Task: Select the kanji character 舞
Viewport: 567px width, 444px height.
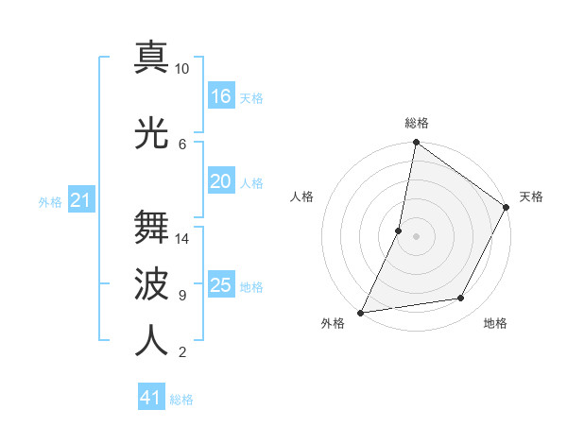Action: [x=151, y=226]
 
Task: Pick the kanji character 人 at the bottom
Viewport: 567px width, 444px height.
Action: [x=151, y=340]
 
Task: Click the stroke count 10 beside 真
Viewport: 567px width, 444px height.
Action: [x=182, y=69]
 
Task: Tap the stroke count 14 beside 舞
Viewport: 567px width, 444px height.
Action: [x=182, y=238]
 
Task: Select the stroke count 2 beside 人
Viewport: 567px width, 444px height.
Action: [x=181, y=352]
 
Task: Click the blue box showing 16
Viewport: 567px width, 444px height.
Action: [x=221, y=95]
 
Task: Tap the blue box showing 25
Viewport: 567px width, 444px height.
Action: [x=221, y=284]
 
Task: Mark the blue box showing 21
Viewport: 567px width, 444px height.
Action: [x=81, y=199]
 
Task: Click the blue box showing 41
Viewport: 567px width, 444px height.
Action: [x=151, y=398]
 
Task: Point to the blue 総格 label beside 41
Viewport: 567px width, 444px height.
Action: [x=181, y=400]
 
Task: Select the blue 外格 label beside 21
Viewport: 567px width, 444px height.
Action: [x=50, y=201]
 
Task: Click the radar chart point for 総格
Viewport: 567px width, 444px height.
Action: [x=416, y=143]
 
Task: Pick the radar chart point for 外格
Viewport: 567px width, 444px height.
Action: [x=361, y=312]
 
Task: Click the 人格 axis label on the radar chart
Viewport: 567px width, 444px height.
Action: [x=302, y=196]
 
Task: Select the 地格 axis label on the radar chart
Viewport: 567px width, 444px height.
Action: [x=495, y=323]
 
